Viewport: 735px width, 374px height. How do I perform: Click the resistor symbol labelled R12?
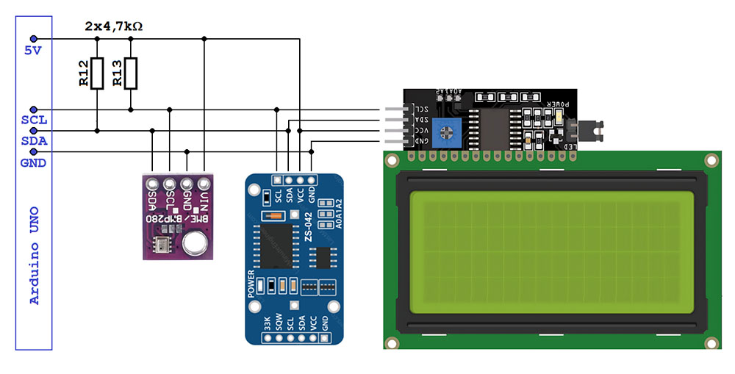click(96, 73)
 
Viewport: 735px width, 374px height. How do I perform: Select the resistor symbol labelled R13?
click(131, 73)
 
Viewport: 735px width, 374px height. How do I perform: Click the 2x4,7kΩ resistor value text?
click(114, 26)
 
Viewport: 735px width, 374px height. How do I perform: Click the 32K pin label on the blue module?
click(267, 324)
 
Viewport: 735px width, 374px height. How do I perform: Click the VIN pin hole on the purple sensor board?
click(204, 184)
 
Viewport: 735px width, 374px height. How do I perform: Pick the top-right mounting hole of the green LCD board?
click(710, 160)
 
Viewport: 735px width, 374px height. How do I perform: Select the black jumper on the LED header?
click(586, 132)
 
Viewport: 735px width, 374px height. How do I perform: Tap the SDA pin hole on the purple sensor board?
click(152, 184)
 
